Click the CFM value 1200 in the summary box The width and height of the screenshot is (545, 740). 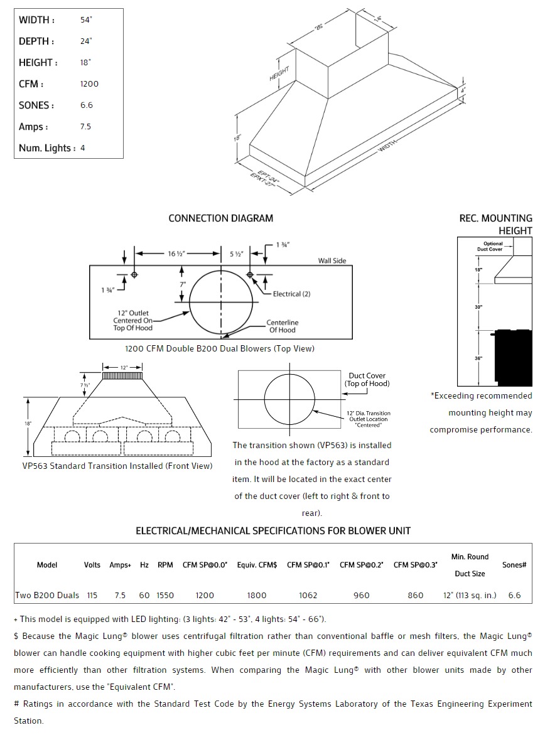(89, 84)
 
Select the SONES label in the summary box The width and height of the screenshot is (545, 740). (36, 105)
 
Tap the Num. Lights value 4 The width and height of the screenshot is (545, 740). (83, 148)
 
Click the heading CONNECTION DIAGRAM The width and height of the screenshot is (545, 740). (220, 218)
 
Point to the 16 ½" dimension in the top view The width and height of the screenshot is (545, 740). (176, 254)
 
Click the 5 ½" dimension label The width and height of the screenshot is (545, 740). (236, 254)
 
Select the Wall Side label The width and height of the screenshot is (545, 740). (332, 260)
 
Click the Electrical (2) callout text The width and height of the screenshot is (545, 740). (291, 294)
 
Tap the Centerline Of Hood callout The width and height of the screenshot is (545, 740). (282, 326)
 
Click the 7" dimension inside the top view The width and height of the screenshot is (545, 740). (182, 284)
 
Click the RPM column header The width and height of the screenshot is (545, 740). (165, 565)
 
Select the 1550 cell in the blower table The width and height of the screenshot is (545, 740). (165, 595)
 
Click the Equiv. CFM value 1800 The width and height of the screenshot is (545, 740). (256, 595)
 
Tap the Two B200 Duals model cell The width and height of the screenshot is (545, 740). (47, 595)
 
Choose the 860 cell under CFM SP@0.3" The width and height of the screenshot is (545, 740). (415, 595)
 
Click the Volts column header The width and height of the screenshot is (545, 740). (92, 565)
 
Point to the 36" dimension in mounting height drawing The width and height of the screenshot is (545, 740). (478, 358)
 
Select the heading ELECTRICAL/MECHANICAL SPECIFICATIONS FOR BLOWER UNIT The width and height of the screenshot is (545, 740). (273, 531)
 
